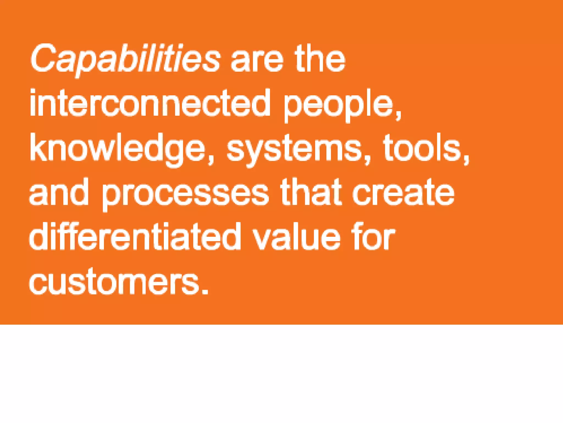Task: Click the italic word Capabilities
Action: (x=125, y=59)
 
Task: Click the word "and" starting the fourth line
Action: (x=59, y=193)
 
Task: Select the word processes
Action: (x=185, y=194)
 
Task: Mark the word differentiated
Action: (x=135, y=237)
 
